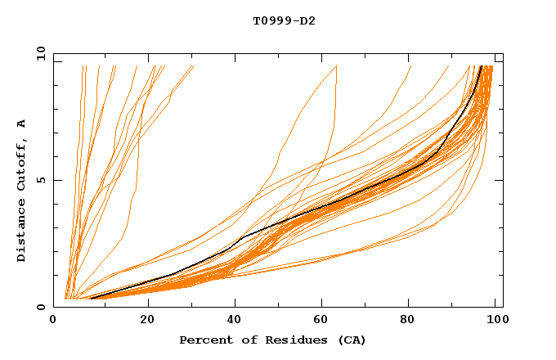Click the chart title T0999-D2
pos(284,20)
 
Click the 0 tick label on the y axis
pos(41,308)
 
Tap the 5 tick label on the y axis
pos(41,181)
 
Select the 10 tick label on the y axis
pos(38,54)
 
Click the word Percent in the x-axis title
pos(202,340)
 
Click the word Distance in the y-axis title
pos(21,232)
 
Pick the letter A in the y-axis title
pos(21,124)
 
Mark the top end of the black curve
pos(481,66)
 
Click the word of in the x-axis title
pos(238,340)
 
